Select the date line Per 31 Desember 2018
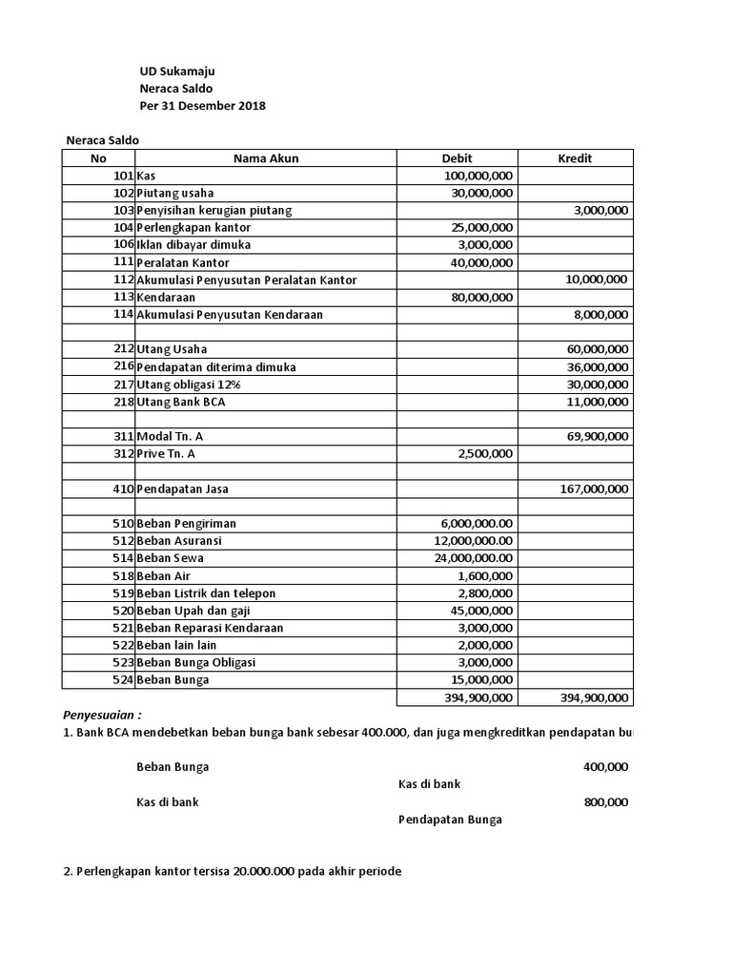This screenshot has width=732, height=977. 202,106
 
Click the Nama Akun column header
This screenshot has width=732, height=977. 266,158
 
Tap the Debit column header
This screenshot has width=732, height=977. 457,158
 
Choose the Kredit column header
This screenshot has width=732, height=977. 575,158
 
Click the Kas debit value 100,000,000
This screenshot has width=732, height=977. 478,176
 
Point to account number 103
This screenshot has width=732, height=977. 123,210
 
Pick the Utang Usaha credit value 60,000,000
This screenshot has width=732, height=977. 598,349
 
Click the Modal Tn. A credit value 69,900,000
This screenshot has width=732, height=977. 598,436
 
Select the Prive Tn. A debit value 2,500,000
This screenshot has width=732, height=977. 486,453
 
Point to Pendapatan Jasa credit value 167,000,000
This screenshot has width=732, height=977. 594,488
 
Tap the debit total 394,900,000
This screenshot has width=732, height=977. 478,697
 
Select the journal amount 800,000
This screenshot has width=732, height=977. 605,802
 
